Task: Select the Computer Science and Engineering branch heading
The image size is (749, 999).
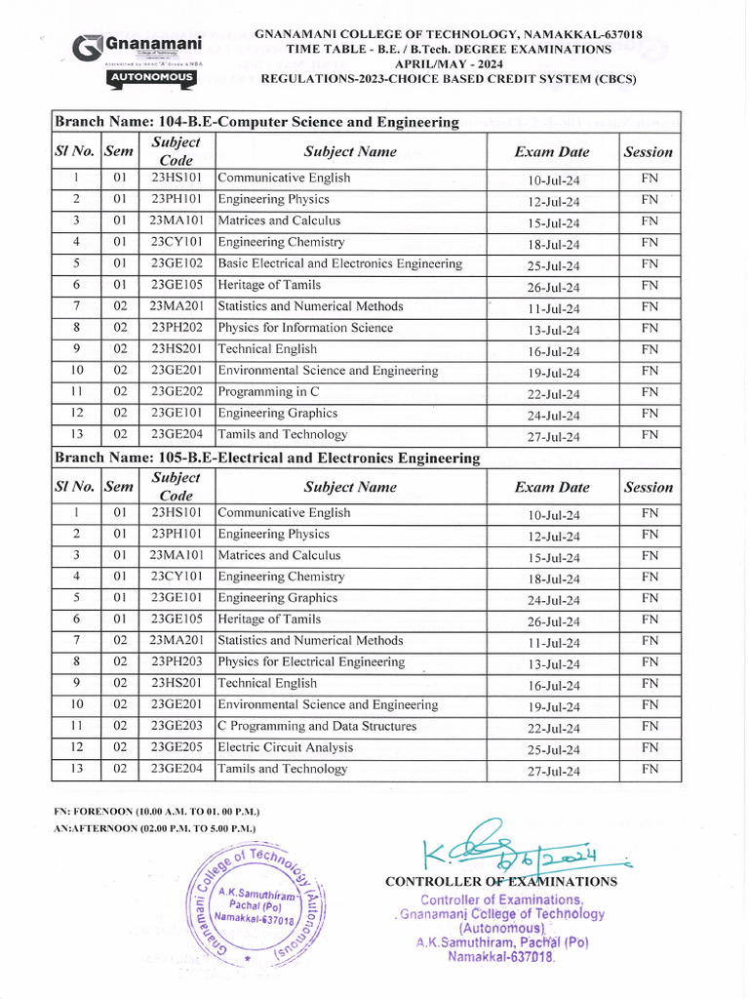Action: tap(256, 122)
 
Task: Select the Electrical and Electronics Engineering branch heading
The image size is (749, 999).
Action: tap(266, 458)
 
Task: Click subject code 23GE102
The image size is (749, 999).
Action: tap(177, 263)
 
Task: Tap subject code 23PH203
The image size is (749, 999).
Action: tap(177, 662)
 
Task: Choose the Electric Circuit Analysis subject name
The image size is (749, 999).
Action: tap(285, 747)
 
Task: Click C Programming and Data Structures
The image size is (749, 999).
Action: tap(317, 726)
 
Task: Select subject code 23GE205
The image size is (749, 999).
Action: tap(177, 747)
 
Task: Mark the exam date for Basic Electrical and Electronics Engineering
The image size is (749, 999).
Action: tap(553, 266)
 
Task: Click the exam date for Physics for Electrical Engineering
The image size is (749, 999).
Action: tap(553, 664)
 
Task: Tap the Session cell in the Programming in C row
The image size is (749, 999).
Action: tap(650, 392)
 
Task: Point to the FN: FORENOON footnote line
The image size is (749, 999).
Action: tap(156, 812)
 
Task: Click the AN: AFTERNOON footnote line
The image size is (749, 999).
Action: tap(154, 828)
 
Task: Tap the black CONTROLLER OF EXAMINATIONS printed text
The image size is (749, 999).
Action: tap(501, 882)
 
